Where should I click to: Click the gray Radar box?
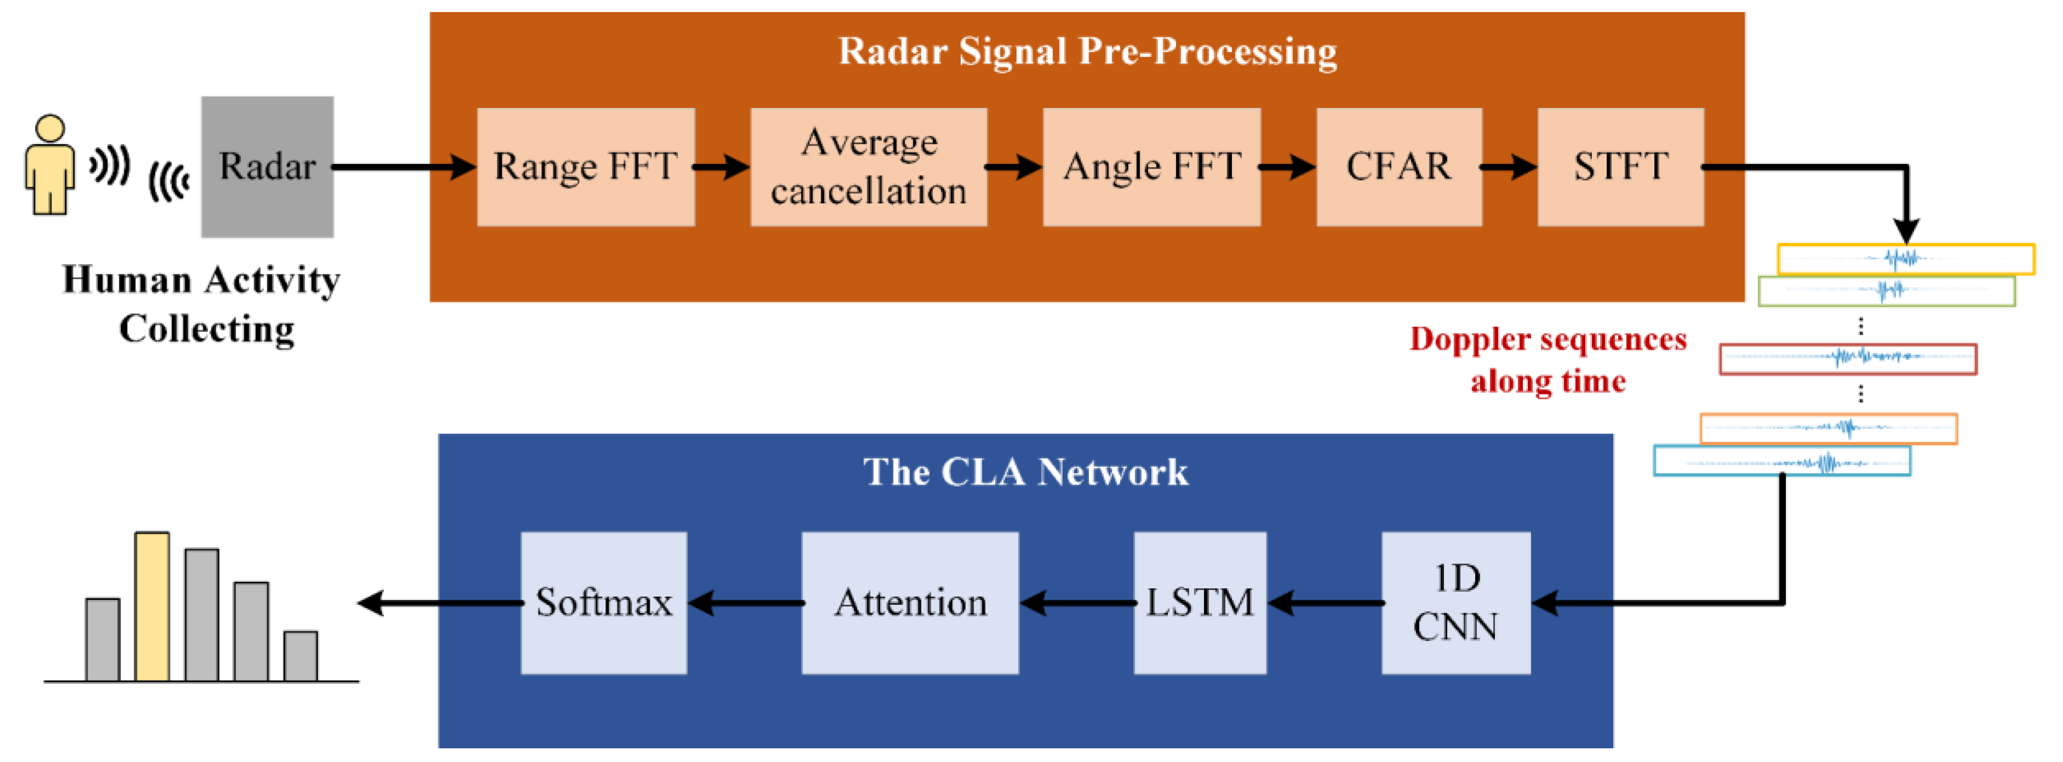point(267,167)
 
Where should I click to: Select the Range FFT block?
point(586,167)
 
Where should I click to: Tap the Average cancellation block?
point(868,167)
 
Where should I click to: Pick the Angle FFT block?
point(1151,167)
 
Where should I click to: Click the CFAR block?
point(1399,167)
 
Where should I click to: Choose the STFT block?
point(1620,167)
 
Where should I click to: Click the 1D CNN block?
point(1455,603)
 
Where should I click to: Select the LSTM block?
point(1199,603)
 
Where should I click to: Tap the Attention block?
point(910,603)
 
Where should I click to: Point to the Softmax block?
point(603,603)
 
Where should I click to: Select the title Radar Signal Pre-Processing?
point(1087,51)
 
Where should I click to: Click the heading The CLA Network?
point(1025,472)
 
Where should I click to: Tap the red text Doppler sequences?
point(1547,339)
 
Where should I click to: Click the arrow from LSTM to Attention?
point(1076,603)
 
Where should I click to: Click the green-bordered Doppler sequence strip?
point(1886,291)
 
